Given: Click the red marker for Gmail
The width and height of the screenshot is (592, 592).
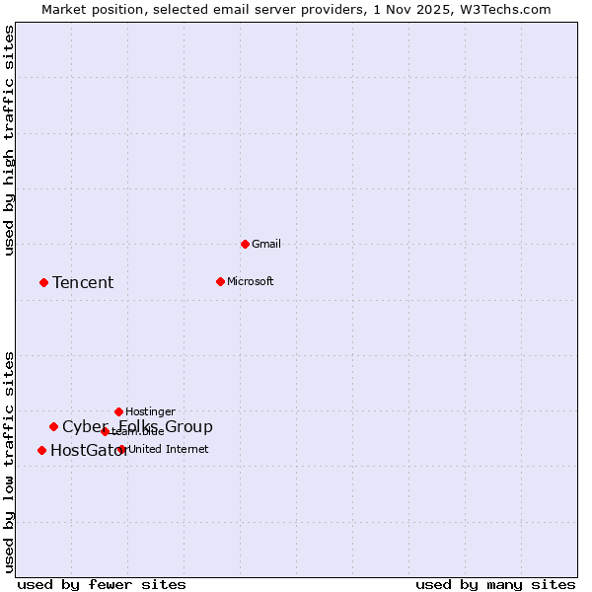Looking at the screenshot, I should click(245, 244).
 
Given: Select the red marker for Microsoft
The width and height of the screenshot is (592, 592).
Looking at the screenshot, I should click(220, 281).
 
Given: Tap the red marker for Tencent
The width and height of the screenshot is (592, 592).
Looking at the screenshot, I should click(43, 282).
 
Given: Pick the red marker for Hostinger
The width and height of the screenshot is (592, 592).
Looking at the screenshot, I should click(118, 411).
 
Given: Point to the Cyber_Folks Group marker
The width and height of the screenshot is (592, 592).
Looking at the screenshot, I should click(53, 426).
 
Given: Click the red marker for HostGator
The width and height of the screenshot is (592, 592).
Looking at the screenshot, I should click(41, 450).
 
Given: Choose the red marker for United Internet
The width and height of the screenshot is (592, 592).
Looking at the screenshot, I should click(121, 449).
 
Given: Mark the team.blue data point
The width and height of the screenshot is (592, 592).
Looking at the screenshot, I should click(105, 431).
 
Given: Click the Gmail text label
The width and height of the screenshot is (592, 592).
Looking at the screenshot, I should click(266, 244).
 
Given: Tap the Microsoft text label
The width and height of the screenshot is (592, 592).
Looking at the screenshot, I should click(250, 281).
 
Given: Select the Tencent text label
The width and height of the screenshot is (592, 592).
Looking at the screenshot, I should click(83, 283).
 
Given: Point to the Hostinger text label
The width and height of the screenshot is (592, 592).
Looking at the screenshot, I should click(150, 411).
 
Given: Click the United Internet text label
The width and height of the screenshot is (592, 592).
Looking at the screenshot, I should click(168, 449).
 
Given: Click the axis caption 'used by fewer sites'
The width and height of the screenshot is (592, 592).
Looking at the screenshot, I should click(102, 584).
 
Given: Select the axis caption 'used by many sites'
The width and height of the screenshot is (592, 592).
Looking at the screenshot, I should click(495, 584).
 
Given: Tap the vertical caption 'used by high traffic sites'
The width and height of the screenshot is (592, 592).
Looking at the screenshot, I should click(10, 140).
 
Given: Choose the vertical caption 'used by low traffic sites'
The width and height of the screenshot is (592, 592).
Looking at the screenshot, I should click(10, 461).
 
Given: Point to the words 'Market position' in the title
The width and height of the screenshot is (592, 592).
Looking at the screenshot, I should click(89, 9).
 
